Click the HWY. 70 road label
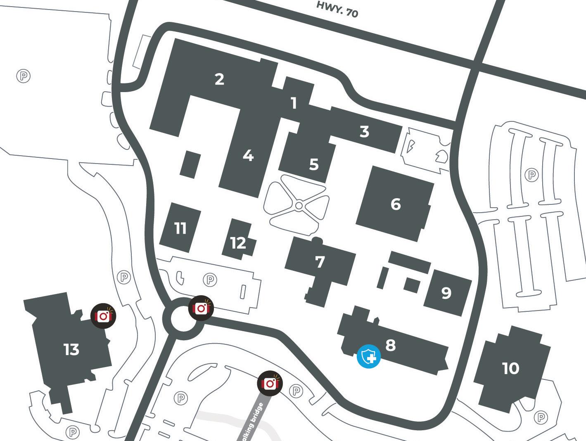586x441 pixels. [337, 9]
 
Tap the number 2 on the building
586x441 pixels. [219, 79]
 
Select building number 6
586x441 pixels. [396, 204]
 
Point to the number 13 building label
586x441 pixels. [71, 350]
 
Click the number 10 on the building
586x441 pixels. [510, 368]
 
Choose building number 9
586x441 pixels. [446, 293]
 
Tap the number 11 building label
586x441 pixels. [180, 228]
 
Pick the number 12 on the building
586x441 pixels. [238, 243]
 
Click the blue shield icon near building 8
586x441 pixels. [369, 356]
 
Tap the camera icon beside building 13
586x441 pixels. [103, 316]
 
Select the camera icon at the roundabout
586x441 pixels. [201, 308]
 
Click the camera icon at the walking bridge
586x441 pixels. [270, 384]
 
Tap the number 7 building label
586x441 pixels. [320, 262]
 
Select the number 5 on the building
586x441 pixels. [314, 164]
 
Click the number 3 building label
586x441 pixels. [364, 132]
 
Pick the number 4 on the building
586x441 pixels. [248, 156]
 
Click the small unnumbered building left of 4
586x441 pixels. [191, 165]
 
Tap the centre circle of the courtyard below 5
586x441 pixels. [299, 205]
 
